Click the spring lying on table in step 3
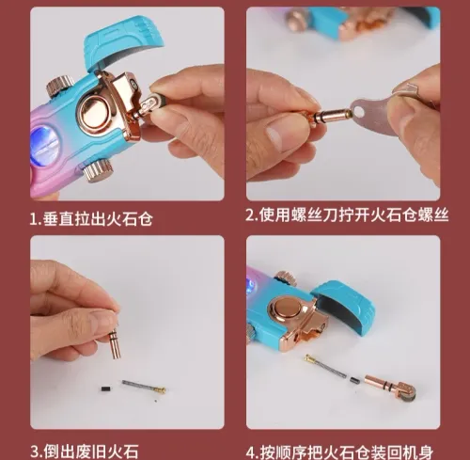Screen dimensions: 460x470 point(142,387)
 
